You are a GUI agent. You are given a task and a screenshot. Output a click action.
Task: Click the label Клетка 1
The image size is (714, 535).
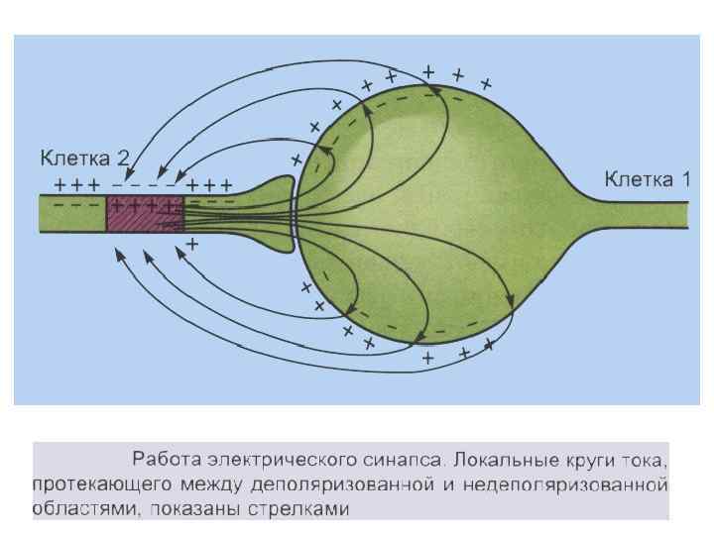(x=648, y=179)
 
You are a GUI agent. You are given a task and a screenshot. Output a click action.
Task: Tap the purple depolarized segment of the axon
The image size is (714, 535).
(x=145, y=214)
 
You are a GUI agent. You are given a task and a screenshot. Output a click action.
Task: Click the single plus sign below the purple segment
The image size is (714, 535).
(x=192, y=243)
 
